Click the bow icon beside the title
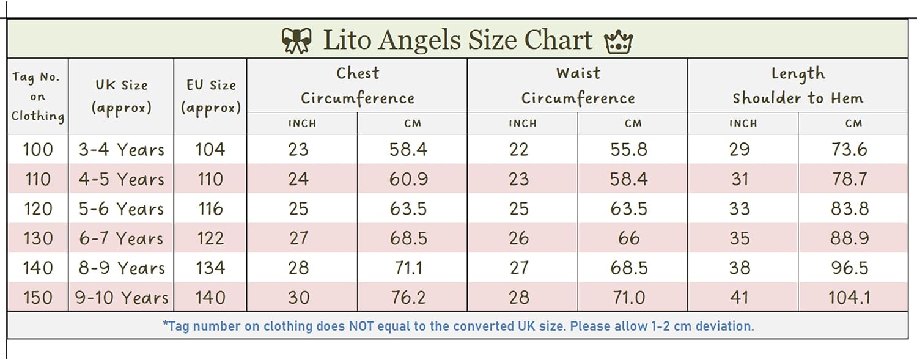tap(296, 40)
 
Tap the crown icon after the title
tap(619, 42)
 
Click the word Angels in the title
tap(419, 41)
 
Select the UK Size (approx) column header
tap(121, 97)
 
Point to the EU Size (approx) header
tap(211, 97)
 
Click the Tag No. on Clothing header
tap(38, 97)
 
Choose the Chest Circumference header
tap(358, 86)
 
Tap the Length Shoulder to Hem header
tap(798, 86)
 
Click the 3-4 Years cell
tap(121, 149)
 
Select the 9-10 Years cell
tap(121, 298)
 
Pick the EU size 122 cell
tap(210, 238)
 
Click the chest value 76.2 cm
tap(408, 298)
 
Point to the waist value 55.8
tap(629, 149)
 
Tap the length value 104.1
tap(850, 298)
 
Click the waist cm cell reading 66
tap(629, 238)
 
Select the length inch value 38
tap(740, 268)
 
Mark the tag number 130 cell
tap(38, 238)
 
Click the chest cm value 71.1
tap(408, 268)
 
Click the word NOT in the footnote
tap(361, 326)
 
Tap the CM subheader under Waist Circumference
tap(633, 123)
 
